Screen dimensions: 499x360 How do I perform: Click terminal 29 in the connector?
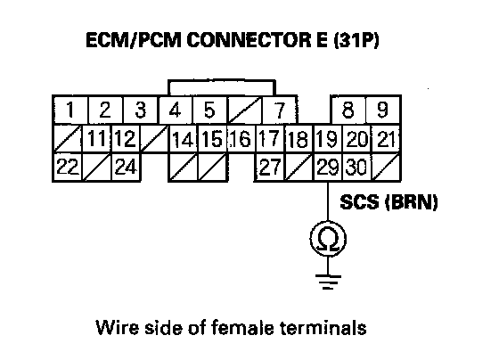point(328,167)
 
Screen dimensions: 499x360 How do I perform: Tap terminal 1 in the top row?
point(70,110)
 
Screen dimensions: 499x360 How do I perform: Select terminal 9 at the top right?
point(383,110)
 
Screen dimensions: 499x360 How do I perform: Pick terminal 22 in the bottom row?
point(68,167)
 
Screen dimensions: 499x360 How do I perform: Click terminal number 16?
point(241,139)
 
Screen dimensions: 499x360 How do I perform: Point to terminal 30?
point(356,167)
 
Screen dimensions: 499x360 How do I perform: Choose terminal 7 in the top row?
point(279,110)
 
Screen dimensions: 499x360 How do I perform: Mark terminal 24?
point(126,167)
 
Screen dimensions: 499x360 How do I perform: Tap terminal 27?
point(269,167)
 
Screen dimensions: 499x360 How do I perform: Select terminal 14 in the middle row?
point(183,139)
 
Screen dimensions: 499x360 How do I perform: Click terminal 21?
point(386,139)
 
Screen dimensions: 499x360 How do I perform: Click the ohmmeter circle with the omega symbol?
point(328,239)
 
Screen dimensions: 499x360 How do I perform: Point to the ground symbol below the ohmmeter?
point(328,282)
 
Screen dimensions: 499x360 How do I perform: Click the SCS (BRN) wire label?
point(389,202)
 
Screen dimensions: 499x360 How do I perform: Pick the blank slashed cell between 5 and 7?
point(244,110)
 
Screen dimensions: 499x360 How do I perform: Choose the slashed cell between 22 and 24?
point(97,167)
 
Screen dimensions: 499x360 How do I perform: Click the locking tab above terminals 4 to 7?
point(222,80)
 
